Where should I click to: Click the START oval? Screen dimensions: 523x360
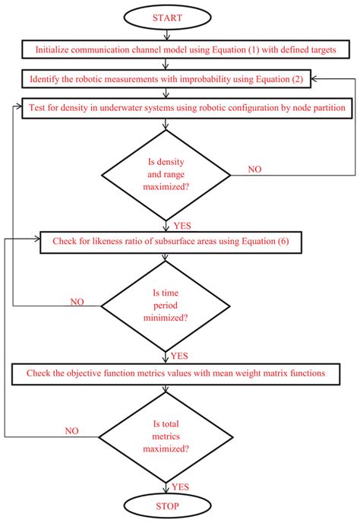(166, 17)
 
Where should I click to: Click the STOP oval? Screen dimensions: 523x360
(166, 505)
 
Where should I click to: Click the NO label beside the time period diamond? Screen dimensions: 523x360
(77, 302)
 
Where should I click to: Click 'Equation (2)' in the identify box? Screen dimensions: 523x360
(271, 78)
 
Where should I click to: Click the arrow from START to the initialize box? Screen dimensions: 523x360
(166, 33)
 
